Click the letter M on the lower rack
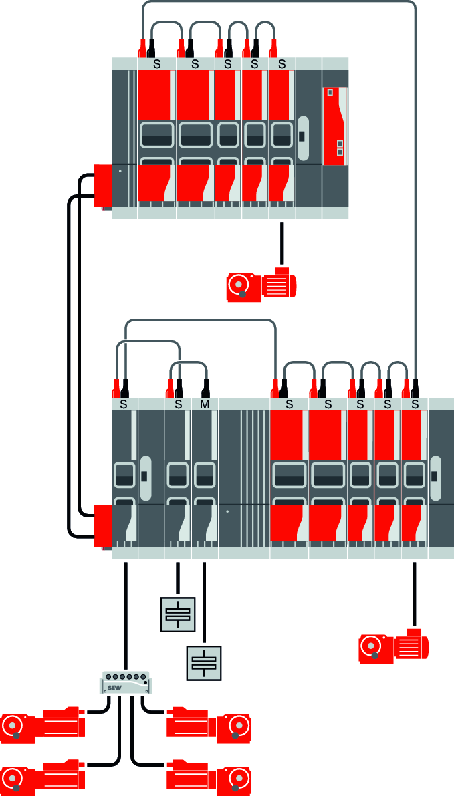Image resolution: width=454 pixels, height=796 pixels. pyautogui.click(x=205, y=404)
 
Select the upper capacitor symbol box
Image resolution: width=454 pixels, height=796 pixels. pyautogui.click(x=177, y=614)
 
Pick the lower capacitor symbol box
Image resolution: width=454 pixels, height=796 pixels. pyautogui.click(x=204, y=662)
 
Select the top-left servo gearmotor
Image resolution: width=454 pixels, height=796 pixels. pyautogui.click(x=44, y=724)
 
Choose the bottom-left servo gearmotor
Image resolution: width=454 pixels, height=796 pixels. pyautogui.click(x=44, y=776)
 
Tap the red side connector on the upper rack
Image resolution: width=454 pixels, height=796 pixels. pyautogui.click(x=104, y=185)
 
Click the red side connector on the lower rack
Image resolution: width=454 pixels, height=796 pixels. pyautogui.click(x=103, y=527)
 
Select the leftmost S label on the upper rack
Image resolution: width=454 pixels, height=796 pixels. pyautogui.click(x=158, y=64)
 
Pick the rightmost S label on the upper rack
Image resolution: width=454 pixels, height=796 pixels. pyautogui.click(x=281, y=64)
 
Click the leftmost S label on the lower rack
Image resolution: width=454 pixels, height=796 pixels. pyautogui.click(x=124, y=404)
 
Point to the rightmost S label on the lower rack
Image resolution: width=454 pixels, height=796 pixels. pyautogui.click(x=415, y=404)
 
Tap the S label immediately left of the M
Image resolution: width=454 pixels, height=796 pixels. pyautogui.click(x=178, y=404)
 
